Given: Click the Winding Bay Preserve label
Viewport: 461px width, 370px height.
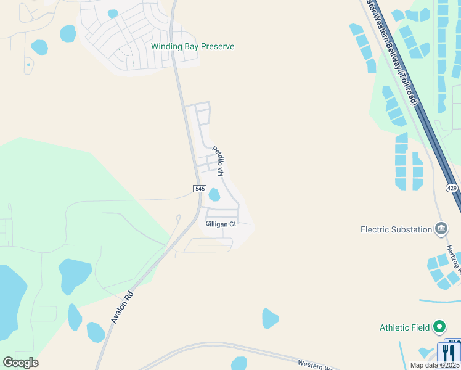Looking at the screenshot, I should [x=193, y=46].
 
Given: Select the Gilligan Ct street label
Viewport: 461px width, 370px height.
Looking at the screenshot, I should [x=221, y=224].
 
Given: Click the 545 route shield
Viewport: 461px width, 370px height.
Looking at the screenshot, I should [x=198, y=188].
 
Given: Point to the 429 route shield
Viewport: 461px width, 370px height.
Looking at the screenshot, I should [x=453, y=189].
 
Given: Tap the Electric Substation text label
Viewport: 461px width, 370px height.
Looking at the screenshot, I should [x=396, y=229].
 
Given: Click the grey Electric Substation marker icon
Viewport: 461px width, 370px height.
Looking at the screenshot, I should [x=441, y=229].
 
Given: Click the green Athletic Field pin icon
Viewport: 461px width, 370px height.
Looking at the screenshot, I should [x=439, y=326].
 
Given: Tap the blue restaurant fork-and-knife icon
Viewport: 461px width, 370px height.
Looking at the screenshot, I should [x=449, y=352].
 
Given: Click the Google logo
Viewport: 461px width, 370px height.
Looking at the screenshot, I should [x=20, y=363].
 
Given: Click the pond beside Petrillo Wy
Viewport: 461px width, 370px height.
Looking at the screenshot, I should [x=214, y=195].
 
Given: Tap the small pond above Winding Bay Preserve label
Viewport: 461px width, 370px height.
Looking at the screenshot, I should [x=113, y=14].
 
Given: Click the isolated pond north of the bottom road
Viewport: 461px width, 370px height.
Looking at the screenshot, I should [x=270, y=318].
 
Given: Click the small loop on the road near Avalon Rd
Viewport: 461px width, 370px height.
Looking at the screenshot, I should [x=178, y=218].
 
